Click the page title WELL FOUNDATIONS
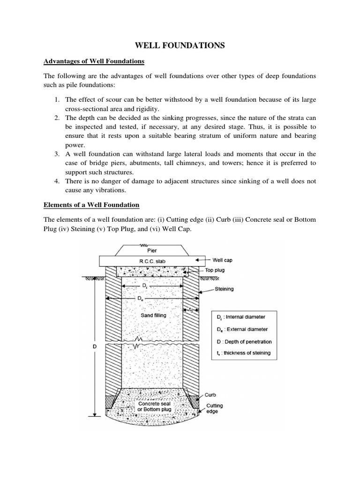tap(180, 45)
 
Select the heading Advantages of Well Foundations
tap(94, 61)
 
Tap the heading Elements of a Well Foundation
tap(91, 205)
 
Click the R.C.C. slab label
tap(152, 260)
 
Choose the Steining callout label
tap(224, 289)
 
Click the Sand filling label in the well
tap(153, 315)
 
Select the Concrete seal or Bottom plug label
tap(154, 406)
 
